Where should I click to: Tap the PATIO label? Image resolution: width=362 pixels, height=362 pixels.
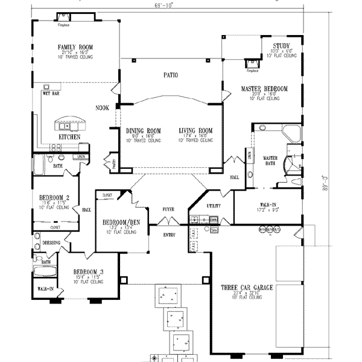tap(168, 75)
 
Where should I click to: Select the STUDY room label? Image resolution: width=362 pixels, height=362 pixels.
tap(281, 46)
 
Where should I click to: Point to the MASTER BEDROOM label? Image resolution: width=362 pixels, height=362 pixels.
tap(264, 89)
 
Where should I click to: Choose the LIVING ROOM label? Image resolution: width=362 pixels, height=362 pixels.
tap(196, 130)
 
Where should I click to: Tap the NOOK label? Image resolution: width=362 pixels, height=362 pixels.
tap(101, 108)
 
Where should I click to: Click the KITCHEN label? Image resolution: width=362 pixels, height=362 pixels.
tap(70, 137)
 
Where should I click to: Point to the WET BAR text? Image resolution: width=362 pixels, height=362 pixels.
tap(50, 94)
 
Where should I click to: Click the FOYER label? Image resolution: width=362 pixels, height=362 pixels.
tap(168, 209)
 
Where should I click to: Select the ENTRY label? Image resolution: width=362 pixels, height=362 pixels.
tap(168, 235)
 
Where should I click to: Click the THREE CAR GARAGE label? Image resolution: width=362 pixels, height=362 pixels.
tap(246, 288)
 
